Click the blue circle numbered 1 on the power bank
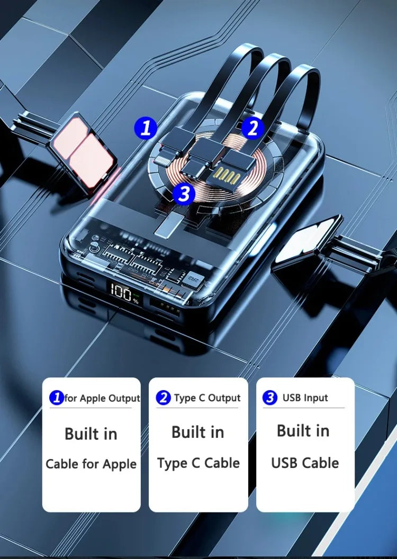pos(146,128)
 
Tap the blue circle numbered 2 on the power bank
pos(252,128)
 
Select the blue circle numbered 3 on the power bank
pos(184,194)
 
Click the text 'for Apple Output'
pos(102,398)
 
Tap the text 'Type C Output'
pos(207,398)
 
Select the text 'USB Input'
pos(305,398)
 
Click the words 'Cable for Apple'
pos(91,464)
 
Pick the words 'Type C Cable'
pos(198,463)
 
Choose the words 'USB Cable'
pos(305,463)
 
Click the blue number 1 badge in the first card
pos(57,398)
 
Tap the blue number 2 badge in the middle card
pos(163,398)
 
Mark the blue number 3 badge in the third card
pos(270,398)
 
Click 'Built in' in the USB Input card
pos(303,431)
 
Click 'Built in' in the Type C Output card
pos(198,432)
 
